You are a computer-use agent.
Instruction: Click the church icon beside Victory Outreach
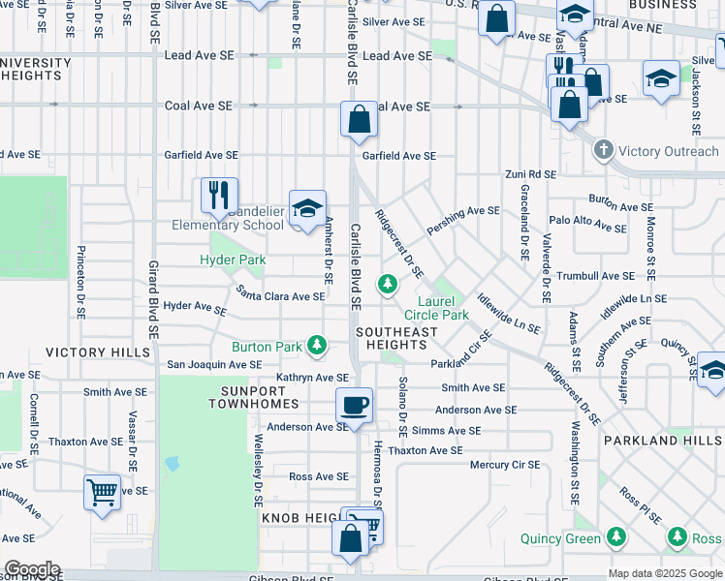click(604, 151)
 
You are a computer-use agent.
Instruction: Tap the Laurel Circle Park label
click(435, 308)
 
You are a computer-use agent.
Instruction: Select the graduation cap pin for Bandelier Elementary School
click(307, 209)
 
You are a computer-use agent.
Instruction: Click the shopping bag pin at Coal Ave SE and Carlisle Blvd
click(359, 120)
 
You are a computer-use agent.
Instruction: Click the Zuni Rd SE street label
click(529, 174)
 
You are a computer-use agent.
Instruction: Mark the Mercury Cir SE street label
click(504, 464)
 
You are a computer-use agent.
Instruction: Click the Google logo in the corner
click(32, 569)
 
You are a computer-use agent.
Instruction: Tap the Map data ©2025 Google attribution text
click(665, 573)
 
